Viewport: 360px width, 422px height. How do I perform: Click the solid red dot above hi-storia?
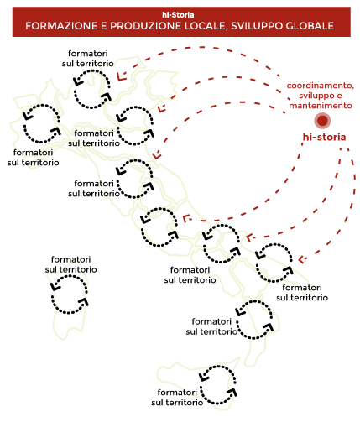(x=322, y=121)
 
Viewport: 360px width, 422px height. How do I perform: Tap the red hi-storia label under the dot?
(x=324, y=137)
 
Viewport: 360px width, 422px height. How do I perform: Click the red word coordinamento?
(x=321, y=86)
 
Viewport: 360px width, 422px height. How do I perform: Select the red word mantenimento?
(x=321, y=106)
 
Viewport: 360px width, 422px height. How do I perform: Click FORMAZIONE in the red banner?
(x=60, y=26)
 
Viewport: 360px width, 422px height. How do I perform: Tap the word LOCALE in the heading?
(x=206, y=26)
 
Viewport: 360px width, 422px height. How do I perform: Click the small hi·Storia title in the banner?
(x=178, y=15)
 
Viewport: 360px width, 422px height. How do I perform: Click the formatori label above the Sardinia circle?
(x=71, y=264)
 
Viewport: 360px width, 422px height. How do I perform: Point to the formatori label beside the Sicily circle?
(x=177, y=398)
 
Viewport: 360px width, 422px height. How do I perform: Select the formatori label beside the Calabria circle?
(x=211, y=326)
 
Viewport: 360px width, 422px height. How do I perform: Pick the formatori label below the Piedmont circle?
(x=34, y=158)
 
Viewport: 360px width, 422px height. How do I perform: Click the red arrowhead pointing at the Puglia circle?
(x=302, y=259)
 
